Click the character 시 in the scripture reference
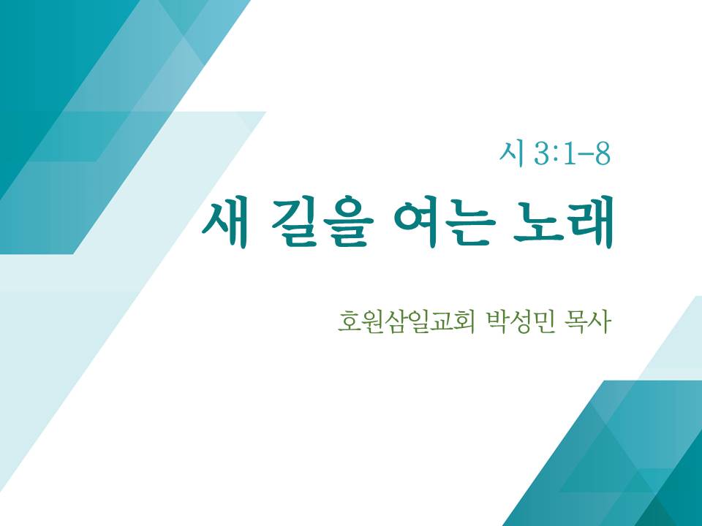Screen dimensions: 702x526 tap(511, 153)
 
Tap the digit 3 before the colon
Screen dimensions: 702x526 tap(543, 154)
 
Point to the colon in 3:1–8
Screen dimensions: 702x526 tap(557, 155)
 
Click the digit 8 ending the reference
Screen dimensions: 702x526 tap(602, 154)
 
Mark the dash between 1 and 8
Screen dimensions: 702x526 tap(585, 156)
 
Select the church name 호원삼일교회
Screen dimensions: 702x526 tap(406, 321)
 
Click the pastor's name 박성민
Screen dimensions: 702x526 tap(519, 321)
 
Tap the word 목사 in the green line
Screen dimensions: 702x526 tap(588, 321)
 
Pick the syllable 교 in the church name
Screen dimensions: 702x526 tap(440, 321)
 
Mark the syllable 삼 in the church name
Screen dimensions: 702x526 tap(394, 321)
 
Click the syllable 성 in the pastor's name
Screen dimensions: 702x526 tap(520, 321)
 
